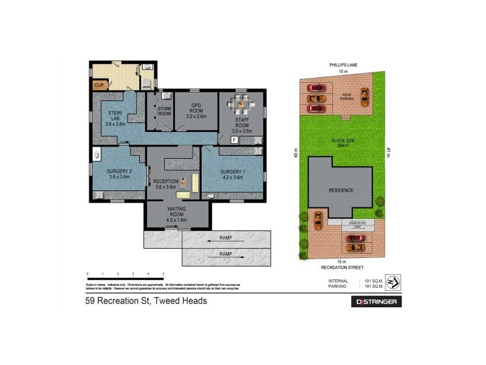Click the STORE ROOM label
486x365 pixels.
coord(165,111)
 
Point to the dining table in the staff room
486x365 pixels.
coord(242,105)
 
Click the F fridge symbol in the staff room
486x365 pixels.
coord(234,140)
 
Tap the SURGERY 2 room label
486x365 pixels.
coord(119,173)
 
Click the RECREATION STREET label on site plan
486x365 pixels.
coord(344,267)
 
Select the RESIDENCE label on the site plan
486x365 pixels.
coord(341,190)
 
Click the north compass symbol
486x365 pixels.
coord(393,281)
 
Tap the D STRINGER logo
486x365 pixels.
coord(377,302)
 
